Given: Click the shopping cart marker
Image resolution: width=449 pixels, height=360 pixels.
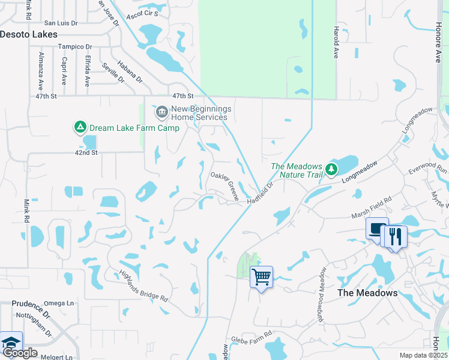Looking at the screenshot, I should (x=261, y=277).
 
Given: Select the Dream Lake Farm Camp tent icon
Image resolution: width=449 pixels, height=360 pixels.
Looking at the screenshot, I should (x=79, y=127).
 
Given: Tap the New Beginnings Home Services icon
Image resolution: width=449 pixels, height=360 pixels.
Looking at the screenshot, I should (x=161, y=112).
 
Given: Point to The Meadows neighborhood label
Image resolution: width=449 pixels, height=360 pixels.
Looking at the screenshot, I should (x=367, y=293).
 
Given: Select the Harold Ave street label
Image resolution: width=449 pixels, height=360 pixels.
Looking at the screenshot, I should (x=336, y=42).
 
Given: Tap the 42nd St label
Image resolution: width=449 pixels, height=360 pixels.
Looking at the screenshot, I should (x=86, y=153).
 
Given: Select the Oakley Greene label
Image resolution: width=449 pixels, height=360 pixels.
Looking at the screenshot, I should (x=224, y=185).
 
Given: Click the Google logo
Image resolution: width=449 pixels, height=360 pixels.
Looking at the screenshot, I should (x=19, y=353).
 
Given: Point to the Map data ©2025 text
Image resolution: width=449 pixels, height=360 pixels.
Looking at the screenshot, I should (x=423, y=355).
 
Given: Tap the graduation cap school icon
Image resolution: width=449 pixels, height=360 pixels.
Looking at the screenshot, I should (x=11, y=343).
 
